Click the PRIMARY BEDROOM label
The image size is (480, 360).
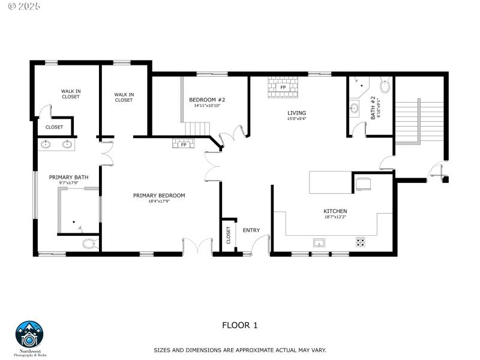159,196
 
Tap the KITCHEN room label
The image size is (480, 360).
335,211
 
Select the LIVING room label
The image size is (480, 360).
296,113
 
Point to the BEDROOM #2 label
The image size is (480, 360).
207,100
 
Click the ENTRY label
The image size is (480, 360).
251,230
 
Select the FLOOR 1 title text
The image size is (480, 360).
239,325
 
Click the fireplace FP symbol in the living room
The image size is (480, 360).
282,87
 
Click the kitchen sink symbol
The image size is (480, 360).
319,242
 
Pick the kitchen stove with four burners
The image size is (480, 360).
361,242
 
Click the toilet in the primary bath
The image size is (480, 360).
89,244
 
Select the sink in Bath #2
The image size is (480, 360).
355,109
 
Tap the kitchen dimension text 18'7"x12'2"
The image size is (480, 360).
335,217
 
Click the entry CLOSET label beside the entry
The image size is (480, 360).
229,235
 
